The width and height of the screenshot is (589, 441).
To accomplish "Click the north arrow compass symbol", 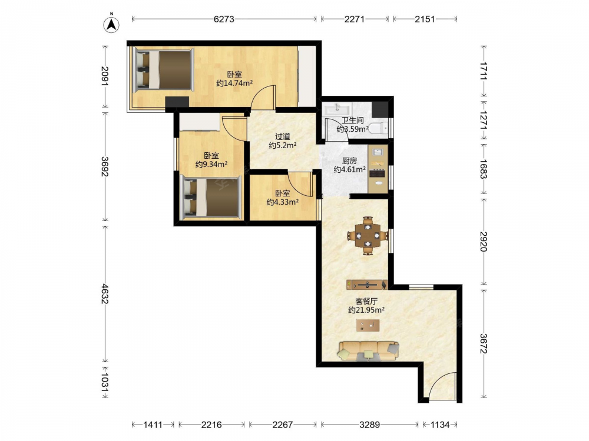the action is (111, 24).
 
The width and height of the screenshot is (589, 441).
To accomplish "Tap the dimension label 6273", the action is (224, 19).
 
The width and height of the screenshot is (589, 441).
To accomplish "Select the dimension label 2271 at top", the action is (354, 19).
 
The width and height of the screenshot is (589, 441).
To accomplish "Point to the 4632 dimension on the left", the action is (105, 294).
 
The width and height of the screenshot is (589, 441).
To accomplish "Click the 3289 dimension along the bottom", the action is (370, 425).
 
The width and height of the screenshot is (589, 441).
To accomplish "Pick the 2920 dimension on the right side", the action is (484, 242).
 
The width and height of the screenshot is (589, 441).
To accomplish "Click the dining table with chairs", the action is (368, 236).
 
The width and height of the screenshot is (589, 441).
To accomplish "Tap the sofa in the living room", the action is (368, 350).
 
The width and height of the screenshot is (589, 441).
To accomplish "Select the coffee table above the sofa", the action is (368, 326).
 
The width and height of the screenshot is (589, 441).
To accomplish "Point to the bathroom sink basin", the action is (337, 109).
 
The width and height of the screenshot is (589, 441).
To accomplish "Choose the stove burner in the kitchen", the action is (378, 173).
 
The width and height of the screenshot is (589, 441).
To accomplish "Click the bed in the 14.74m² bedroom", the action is (163, 69).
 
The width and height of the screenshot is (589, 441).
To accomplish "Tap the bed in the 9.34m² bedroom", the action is (211, 198).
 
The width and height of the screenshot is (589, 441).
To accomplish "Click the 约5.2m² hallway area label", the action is (283, 145).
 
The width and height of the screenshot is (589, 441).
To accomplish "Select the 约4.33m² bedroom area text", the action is (283, 202).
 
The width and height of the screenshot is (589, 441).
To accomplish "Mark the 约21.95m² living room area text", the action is (366, 310).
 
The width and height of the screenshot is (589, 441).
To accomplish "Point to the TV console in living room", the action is (367, 285).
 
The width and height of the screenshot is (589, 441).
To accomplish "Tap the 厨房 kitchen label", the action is (349, 161).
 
